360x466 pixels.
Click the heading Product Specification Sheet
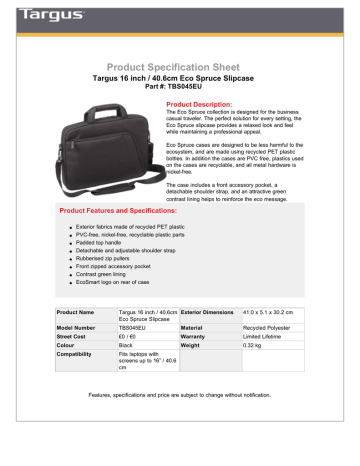[180, 60]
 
